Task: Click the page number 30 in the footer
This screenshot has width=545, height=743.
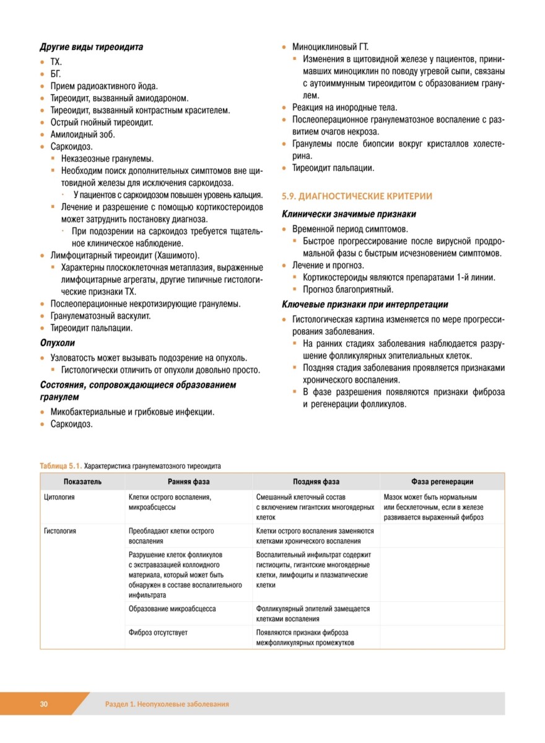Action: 44,704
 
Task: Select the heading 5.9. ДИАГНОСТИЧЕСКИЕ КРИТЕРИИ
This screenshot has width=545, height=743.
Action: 357,196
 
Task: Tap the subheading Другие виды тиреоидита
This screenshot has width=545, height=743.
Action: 92,47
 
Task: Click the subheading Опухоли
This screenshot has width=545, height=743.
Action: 57,342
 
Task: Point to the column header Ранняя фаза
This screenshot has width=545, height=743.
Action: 188,482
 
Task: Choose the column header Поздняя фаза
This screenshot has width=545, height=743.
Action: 316,482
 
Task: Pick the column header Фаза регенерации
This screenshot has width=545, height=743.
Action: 442,482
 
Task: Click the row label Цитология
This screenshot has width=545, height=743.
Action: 59,497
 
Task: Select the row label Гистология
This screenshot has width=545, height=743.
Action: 61,531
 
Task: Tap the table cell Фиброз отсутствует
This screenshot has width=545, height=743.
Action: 158,633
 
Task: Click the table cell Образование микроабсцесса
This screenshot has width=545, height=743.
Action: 172,609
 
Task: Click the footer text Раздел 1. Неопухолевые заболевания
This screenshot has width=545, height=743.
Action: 167,704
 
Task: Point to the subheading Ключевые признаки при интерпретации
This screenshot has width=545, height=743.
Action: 365,305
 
